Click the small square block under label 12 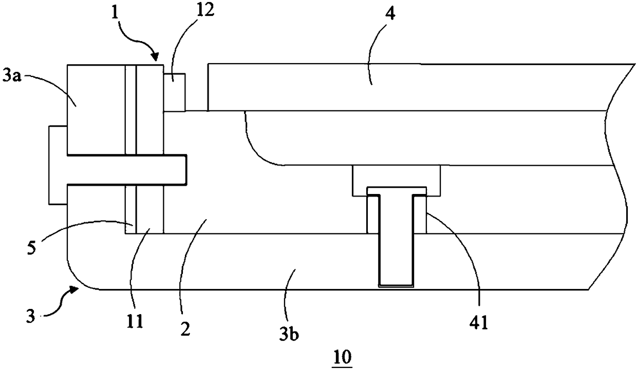click(x=174, y=92)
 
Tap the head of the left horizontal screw click(x=57, y=164)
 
